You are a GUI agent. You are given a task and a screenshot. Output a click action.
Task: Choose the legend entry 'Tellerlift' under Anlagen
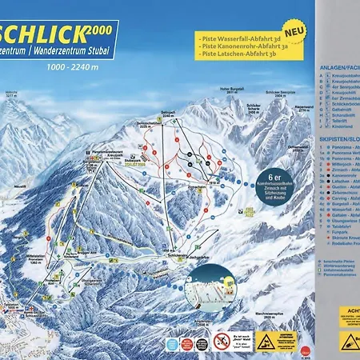(x=339, y=120)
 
